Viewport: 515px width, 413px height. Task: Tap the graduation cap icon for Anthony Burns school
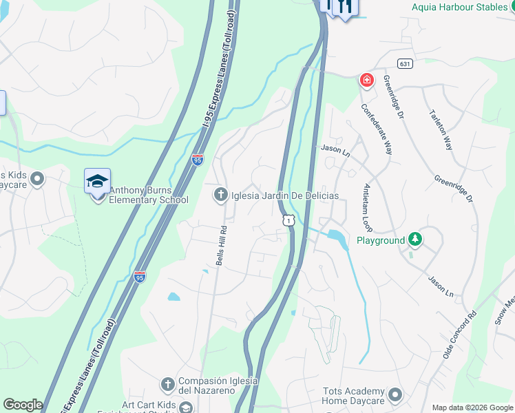(x=97, y=181)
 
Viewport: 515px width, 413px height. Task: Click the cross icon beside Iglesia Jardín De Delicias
(x=220, y=195)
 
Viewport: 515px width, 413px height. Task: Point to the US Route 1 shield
(x=288, y=219)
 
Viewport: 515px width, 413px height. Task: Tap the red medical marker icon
(x=366, y=80)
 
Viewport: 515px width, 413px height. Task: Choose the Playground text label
(x=380, y=240)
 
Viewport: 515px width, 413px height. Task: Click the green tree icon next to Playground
(x=414, y=240)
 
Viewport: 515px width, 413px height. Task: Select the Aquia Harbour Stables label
(x=460, y=7)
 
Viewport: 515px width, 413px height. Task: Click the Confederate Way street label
(x=376, y=129)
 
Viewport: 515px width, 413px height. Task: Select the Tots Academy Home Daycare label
(x=353, y=396)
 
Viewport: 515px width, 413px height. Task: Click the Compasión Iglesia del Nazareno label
(x=218, y=385)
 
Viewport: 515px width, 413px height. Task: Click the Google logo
(x=23, y=405)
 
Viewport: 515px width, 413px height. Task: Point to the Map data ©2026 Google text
(x=472, y=407)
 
